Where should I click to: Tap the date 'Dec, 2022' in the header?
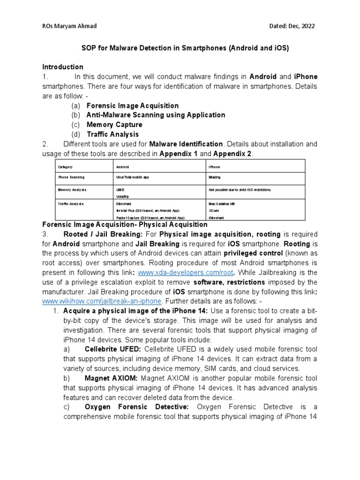click(x=300, y=26)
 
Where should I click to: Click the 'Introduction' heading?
click(x=63, y=67)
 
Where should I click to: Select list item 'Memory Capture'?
click(x=114, y=125)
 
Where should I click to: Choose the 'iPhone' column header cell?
click(x=215, y=166)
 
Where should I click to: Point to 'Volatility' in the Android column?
click(x=122, y=197)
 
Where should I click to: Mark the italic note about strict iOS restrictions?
click(x=240, y=189)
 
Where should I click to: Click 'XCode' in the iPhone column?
click(x=215, y=211)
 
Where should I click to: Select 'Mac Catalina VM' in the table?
click(x=223, y=204)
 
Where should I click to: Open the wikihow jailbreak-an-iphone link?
click(x=102, y=301)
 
